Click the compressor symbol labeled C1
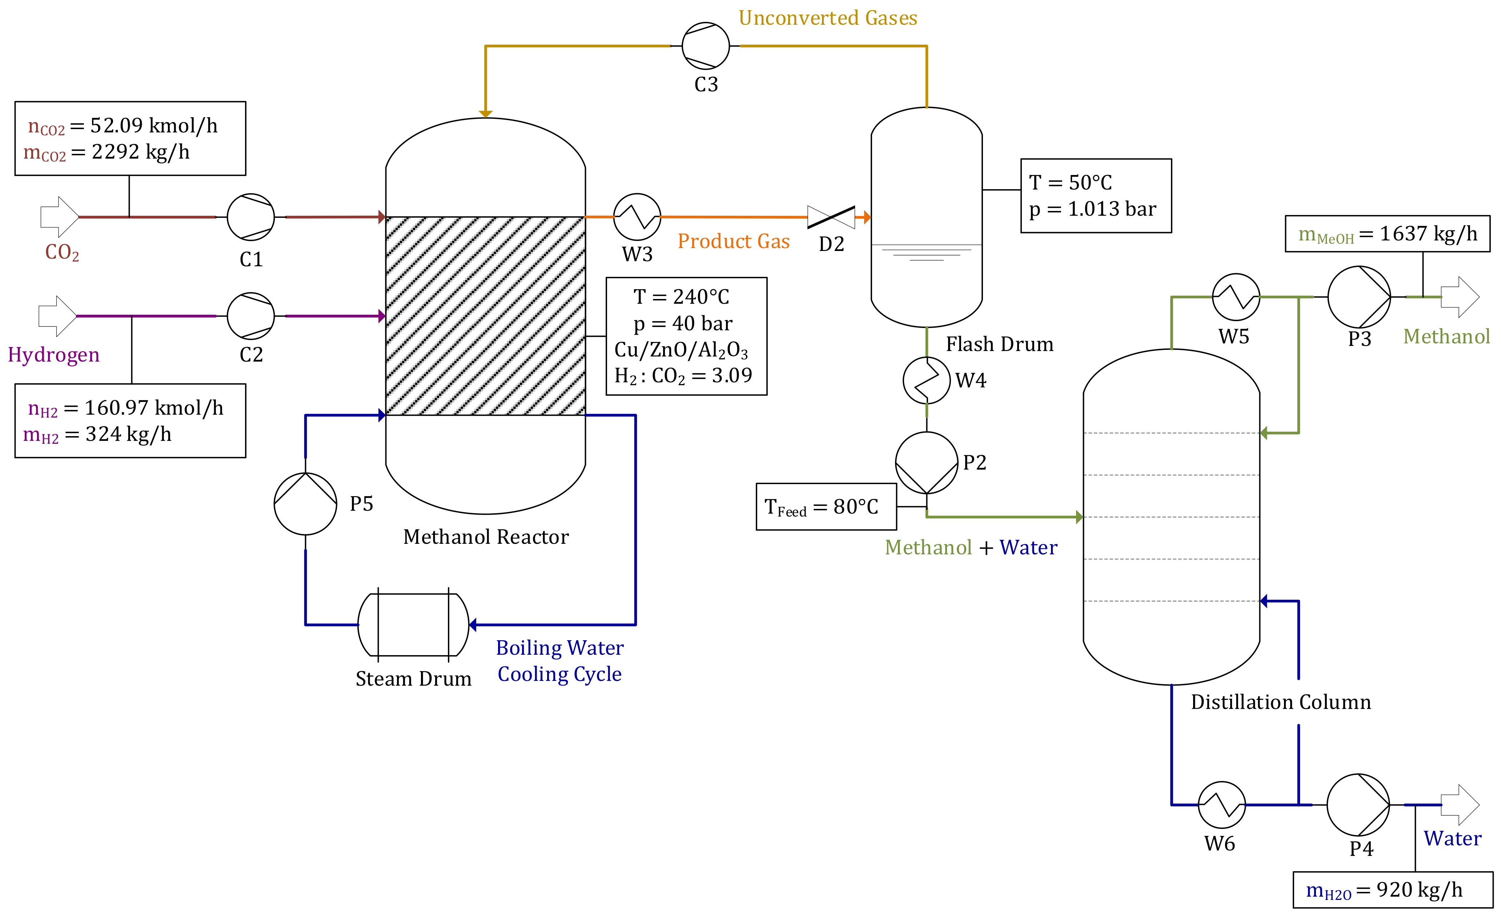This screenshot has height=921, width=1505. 250,217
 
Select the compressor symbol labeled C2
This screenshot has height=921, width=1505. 250,316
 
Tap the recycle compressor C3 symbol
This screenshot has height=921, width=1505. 706,46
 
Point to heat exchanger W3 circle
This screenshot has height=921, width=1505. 637,217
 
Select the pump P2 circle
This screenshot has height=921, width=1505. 927,463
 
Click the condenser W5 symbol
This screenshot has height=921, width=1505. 1236,297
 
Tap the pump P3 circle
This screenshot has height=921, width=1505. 1359,297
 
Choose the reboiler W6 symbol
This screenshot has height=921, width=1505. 1221,805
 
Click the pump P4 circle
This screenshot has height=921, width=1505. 1358,805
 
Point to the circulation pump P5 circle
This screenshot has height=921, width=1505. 305,503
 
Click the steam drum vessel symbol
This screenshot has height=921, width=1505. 413,625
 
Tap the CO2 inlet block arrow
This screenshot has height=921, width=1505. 59,217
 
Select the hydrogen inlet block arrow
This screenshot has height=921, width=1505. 57,316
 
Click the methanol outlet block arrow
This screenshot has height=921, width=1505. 1460,297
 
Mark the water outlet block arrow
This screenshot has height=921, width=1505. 1460,805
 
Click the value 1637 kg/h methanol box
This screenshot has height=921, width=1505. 1387,234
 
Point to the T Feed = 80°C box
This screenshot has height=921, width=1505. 826,507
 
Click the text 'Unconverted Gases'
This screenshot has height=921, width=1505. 828,18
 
